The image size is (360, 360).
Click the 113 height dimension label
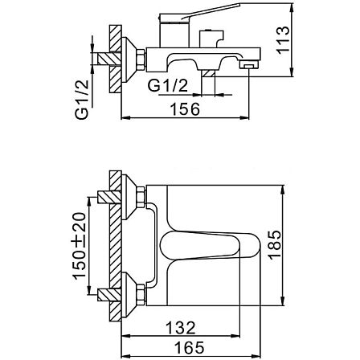click(x=284, y=40)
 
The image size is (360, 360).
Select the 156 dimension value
click(x=186, y=109)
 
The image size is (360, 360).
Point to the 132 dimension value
click(x=181, y=328)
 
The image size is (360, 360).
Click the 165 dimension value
click(x=190, y=347)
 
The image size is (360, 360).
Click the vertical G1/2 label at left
click(x=82, y=100)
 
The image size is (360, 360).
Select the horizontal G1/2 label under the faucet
click(x=168, y=86)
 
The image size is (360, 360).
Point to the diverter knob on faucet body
click(x=211, y=38)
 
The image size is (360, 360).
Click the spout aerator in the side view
click(x=248, y=64)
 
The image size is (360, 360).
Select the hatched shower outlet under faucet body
click(x=208, y=74)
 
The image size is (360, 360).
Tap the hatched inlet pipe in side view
click(x=108, y=59)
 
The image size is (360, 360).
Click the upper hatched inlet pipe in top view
click(x=108, y=197)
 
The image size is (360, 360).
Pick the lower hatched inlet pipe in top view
click(x=108, y=295)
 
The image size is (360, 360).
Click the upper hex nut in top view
click(x=141, y=197)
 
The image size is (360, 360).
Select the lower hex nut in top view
click(x=141, y=295)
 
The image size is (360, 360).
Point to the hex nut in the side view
click(x=141, y=59)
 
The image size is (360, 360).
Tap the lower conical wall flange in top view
click(x=129, y=295)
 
